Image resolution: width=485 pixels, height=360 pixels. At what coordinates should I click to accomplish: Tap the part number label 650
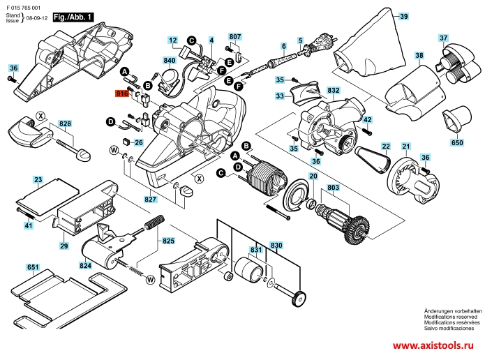pos(456,143)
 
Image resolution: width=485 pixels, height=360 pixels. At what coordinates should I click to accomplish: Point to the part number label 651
pos(33,267)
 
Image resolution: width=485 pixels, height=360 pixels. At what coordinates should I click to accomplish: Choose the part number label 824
pos(86,266)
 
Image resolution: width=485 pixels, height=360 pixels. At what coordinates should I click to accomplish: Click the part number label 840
pos(170,61)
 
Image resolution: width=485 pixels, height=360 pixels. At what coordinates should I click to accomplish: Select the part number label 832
pos(333,91)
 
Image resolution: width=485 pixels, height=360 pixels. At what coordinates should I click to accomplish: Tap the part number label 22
pos(385,145)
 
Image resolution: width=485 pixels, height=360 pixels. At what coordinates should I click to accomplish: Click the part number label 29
pos(64,246)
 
